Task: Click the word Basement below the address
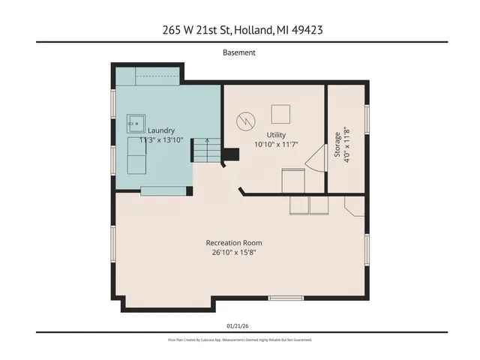[239, 52]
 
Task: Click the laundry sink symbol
[135, 121]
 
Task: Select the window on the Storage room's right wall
[367, 124]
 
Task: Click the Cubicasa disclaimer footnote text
[239, 340]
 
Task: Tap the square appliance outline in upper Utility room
[280, 114]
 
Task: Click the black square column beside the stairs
[231, 154]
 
